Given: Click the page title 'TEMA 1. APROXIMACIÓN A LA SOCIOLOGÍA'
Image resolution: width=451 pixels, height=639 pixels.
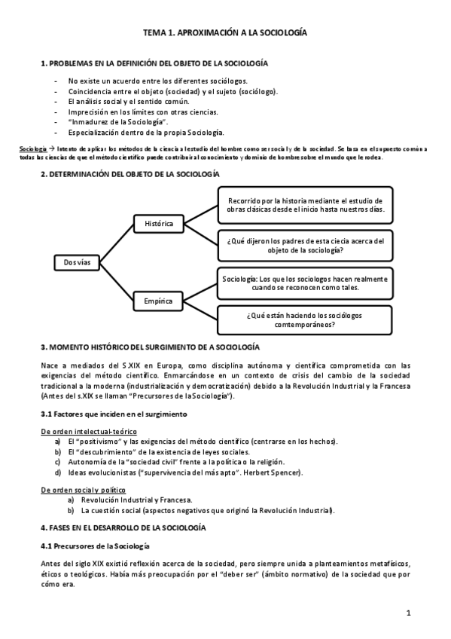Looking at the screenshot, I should coord(225,34).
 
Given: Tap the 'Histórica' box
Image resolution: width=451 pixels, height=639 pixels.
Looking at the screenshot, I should coord(158,224).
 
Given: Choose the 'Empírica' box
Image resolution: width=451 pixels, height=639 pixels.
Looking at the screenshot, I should coord(158,301).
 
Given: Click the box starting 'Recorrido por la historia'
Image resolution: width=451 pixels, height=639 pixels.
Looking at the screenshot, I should coord(305,205).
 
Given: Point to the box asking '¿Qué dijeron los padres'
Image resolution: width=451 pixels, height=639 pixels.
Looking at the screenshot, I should coord(305,245).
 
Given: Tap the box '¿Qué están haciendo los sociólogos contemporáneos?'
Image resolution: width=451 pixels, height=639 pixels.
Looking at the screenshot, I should coord(305,320).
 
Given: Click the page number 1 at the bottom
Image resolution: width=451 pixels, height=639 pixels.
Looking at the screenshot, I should coord(407,613).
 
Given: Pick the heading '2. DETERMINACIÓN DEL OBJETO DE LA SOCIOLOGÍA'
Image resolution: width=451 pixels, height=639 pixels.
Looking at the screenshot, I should coord(130,174).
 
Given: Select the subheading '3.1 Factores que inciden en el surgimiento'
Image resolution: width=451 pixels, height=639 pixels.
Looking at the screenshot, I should coord(113,414).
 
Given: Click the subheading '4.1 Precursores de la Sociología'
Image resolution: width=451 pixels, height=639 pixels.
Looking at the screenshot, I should coord(95,545).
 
